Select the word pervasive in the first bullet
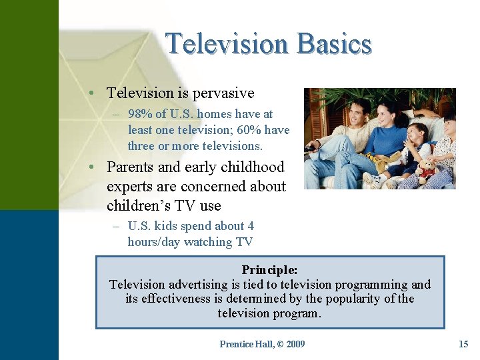[223, 93]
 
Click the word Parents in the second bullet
[132, 167]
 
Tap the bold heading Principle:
[269, 270]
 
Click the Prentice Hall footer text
[246, 344]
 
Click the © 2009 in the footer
[291, 344]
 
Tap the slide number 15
[463, 344]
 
